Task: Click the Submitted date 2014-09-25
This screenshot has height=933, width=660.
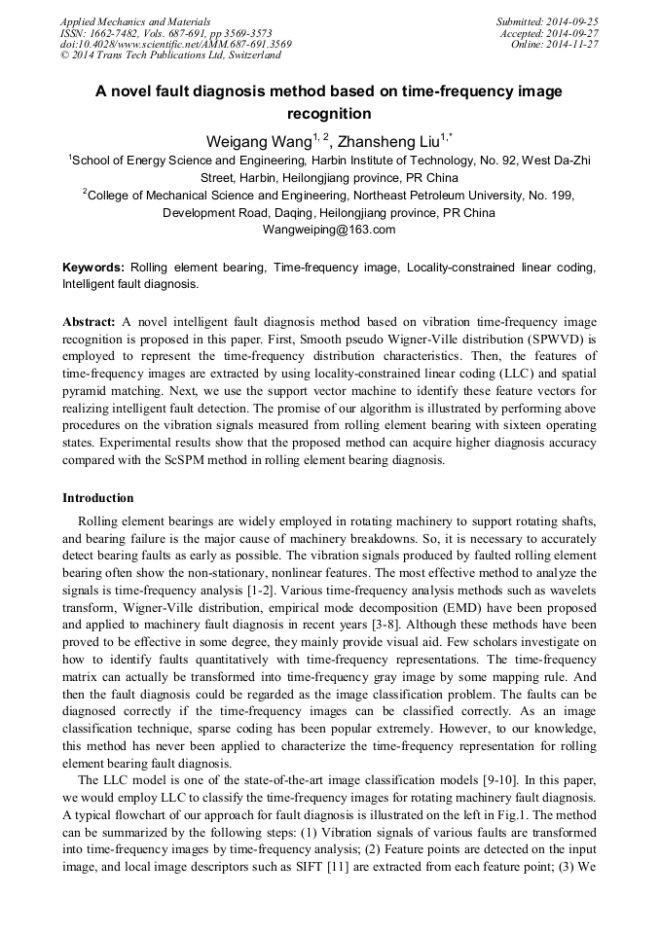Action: pyautogui.click(x=573, y=21)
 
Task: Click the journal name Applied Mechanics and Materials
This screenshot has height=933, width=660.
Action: pyautogui.click(x=135, y=21)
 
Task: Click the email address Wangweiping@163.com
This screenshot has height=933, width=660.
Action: pyautogui.click(x=329, y=230)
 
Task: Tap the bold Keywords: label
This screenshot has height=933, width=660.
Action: pyautogui.click(x=93, y=267)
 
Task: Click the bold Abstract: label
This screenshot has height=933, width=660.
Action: pyautogui.click(x=90, y=321)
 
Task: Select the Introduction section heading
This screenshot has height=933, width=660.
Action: pyautogui.click(x=98, y=498)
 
